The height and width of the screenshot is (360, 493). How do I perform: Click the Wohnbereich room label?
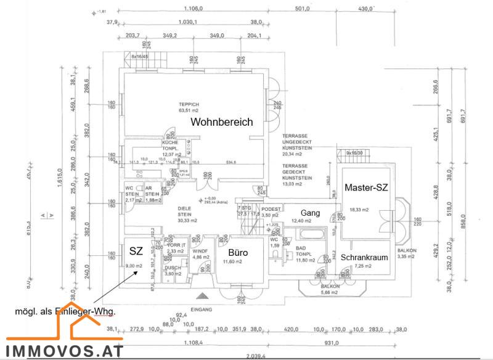click(x=221, y=122)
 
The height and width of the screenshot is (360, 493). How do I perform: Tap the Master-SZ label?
click(x=366, y=187)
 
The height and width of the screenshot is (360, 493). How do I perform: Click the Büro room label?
click(x=238, y=253)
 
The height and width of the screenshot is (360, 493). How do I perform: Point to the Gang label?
click(x=310, y=213)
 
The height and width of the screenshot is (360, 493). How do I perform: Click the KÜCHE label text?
click(x=170, y=142)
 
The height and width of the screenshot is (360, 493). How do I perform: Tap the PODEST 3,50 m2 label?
click(x=271, y=212)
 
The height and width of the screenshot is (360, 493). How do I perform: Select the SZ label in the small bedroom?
click(x=136, y=251)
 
